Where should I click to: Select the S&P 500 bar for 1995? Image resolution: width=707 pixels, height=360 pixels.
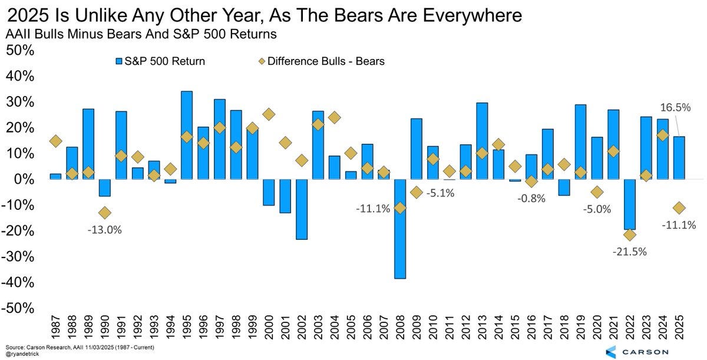(187, 135)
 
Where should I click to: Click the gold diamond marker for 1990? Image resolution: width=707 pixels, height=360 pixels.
(105, 213)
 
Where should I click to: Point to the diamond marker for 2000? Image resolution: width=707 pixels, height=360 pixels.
(269, 114)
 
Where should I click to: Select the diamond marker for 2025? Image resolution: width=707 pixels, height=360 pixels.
(679, 208)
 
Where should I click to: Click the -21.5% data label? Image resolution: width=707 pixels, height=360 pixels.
(629, 252)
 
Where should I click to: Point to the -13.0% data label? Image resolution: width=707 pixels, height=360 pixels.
(105, 230)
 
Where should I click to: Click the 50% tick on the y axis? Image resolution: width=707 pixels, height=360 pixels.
(20, 51)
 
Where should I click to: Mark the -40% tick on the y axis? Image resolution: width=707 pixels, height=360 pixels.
(20, 283)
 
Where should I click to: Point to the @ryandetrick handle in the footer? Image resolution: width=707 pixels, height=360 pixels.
(24, 354)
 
